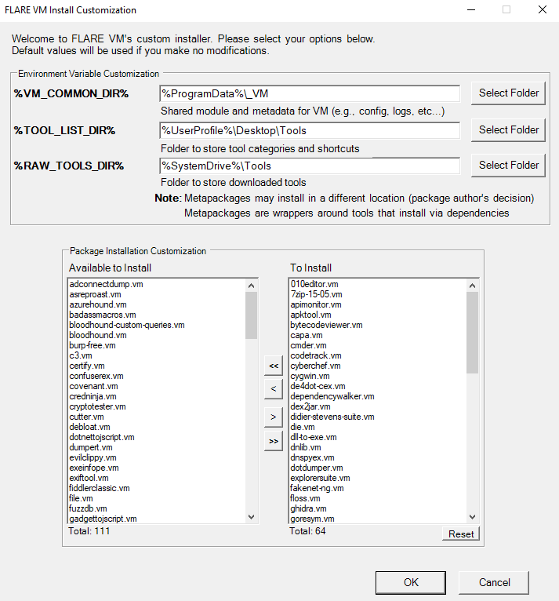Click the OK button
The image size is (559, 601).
click(x=412, y=582)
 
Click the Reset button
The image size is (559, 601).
click(x=461, y=534)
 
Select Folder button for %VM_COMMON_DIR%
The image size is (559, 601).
click(x=509, y=93)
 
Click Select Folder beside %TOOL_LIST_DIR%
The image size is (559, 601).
click(x=509, y=130)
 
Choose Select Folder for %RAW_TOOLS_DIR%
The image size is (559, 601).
click(x=509, y=166)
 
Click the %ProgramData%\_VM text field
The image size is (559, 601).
click(x=309, y=94)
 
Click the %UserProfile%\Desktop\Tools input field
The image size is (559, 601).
click(x=309, y=130)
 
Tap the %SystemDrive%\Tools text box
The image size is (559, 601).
click(x=309, y=166)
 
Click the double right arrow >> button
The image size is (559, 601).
click(x=273, y=442)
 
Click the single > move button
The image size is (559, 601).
click(x=273, y=416)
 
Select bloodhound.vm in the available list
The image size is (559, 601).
click(x=98, y=335)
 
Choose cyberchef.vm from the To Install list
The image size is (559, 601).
click(x=315, y=366)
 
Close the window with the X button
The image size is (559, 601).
click(x=542, y=10)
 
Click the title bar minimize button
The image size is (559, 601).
click(x=470, y=10)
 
